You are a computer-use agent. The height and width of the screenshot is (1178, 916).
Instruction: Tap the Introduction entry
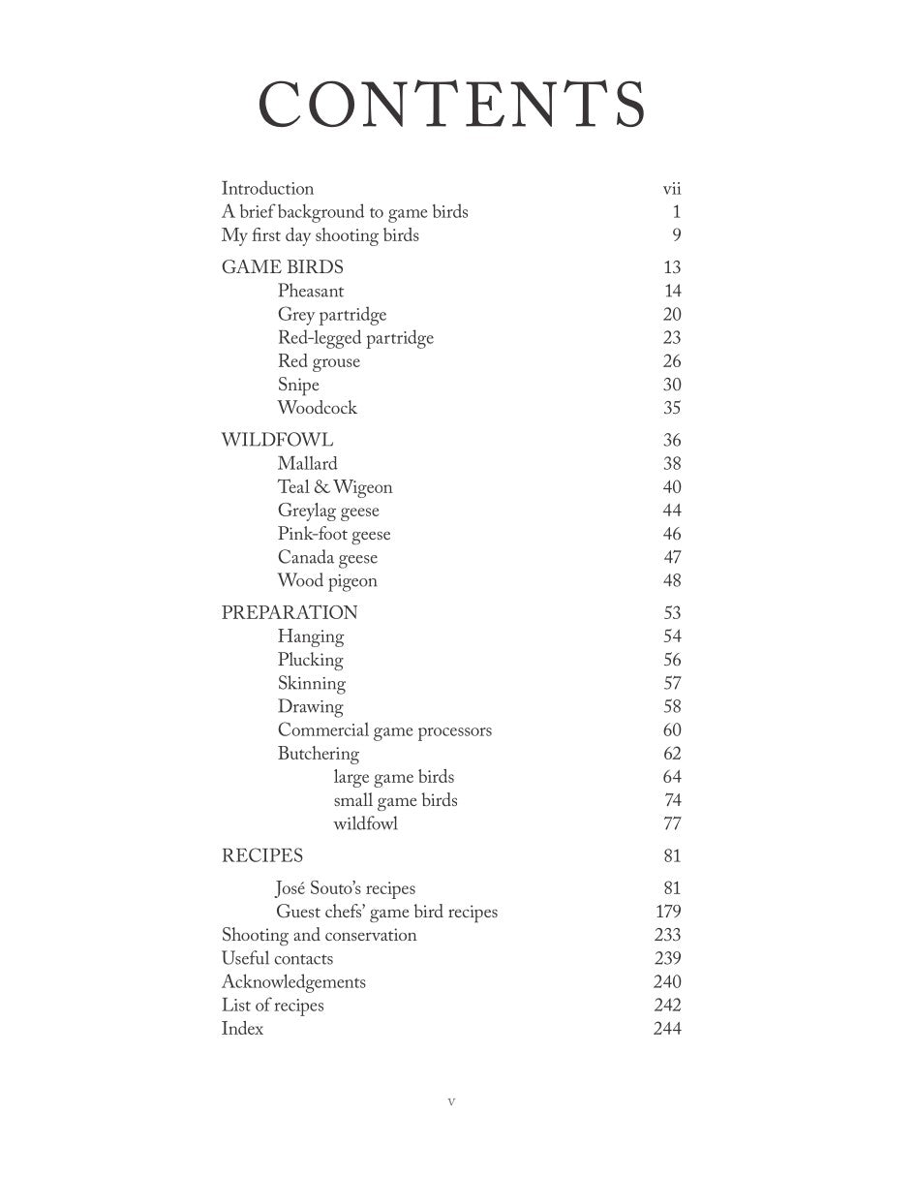point(267,189)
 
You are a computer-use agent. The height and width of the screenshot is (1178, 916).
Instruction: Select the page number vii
point(671,189)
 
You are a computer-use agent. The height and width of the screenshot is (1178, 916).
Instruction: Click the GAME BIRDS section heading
point(282,267)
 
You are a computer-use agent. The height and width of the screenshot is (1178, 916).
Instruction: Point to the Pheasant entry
point(310,291)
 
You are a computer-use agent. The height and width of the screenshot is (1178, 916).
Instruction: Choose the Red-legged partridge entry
point(355,338)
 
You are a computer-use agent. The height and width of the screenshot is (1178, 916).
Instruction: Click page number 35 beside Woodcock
point(672,408)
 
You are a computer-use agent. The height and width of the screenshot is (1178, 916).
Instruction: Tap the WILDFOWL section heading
point(277,440)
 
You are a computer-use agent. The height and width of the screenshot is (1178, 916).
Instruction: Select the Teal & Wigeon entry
point(334,487)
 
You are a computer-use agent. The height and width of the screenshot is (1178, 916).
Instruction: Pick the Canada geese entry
point(327,557)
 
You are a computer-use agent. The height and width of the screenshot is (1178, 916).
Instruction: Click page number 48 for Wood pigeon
point(672,580)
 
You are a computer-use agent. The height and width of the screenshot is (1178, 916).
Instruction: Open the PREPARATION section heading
point(290,612)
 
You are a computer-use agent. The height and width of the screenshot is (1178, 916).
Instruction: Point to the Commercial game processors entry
point(384,730)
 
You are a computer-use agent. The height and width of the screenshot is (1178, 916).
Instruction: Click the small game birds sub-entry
point(395,800)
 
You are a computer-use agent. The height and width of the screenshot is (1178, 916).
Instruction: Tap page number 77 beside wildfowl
point(672,823)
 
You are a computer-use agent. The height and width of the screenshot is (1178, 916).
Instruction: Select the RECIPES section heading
point(261,855)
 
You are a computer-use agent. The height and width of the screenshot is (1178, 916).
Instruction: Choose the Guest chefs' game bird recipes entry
point(386,912)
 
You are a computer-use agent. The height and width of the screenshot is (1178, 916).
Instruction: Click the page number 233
point(667,935)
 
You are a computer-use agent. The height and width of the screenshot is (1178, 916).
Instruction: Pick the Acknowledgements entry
point(293,981)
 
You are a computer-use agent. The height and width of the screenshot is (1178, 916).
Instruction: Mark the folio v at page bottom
point(451,1101)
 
